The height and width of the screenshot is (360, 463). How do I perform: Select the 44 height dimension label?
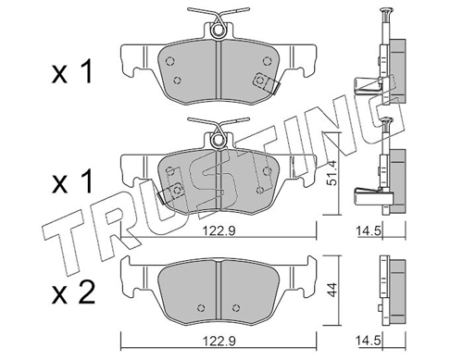click(x=332, y=290)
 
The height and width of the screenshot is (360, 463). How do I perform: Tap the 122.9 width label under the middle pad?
click(x=219, y=230)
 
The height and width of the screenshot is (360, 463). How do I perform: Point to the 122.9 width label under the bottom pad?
click(x=219, y=341)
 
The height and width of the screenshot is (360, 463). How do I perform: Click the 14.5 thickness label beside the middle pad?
click(x=369, y=230)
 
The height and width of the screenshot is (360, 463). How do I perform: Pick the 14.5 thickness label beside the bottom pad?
click(x=369, y=341)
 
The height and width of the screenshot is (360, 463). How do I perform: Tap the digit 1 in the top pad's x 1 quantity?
click(x=87, y=72)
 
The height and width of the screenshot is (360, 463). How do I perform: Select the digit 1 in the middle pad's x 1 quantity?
click(x=87, y=182)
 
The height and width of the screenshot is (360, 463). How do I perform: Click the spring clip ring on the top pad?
click(x=218, y=31)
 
